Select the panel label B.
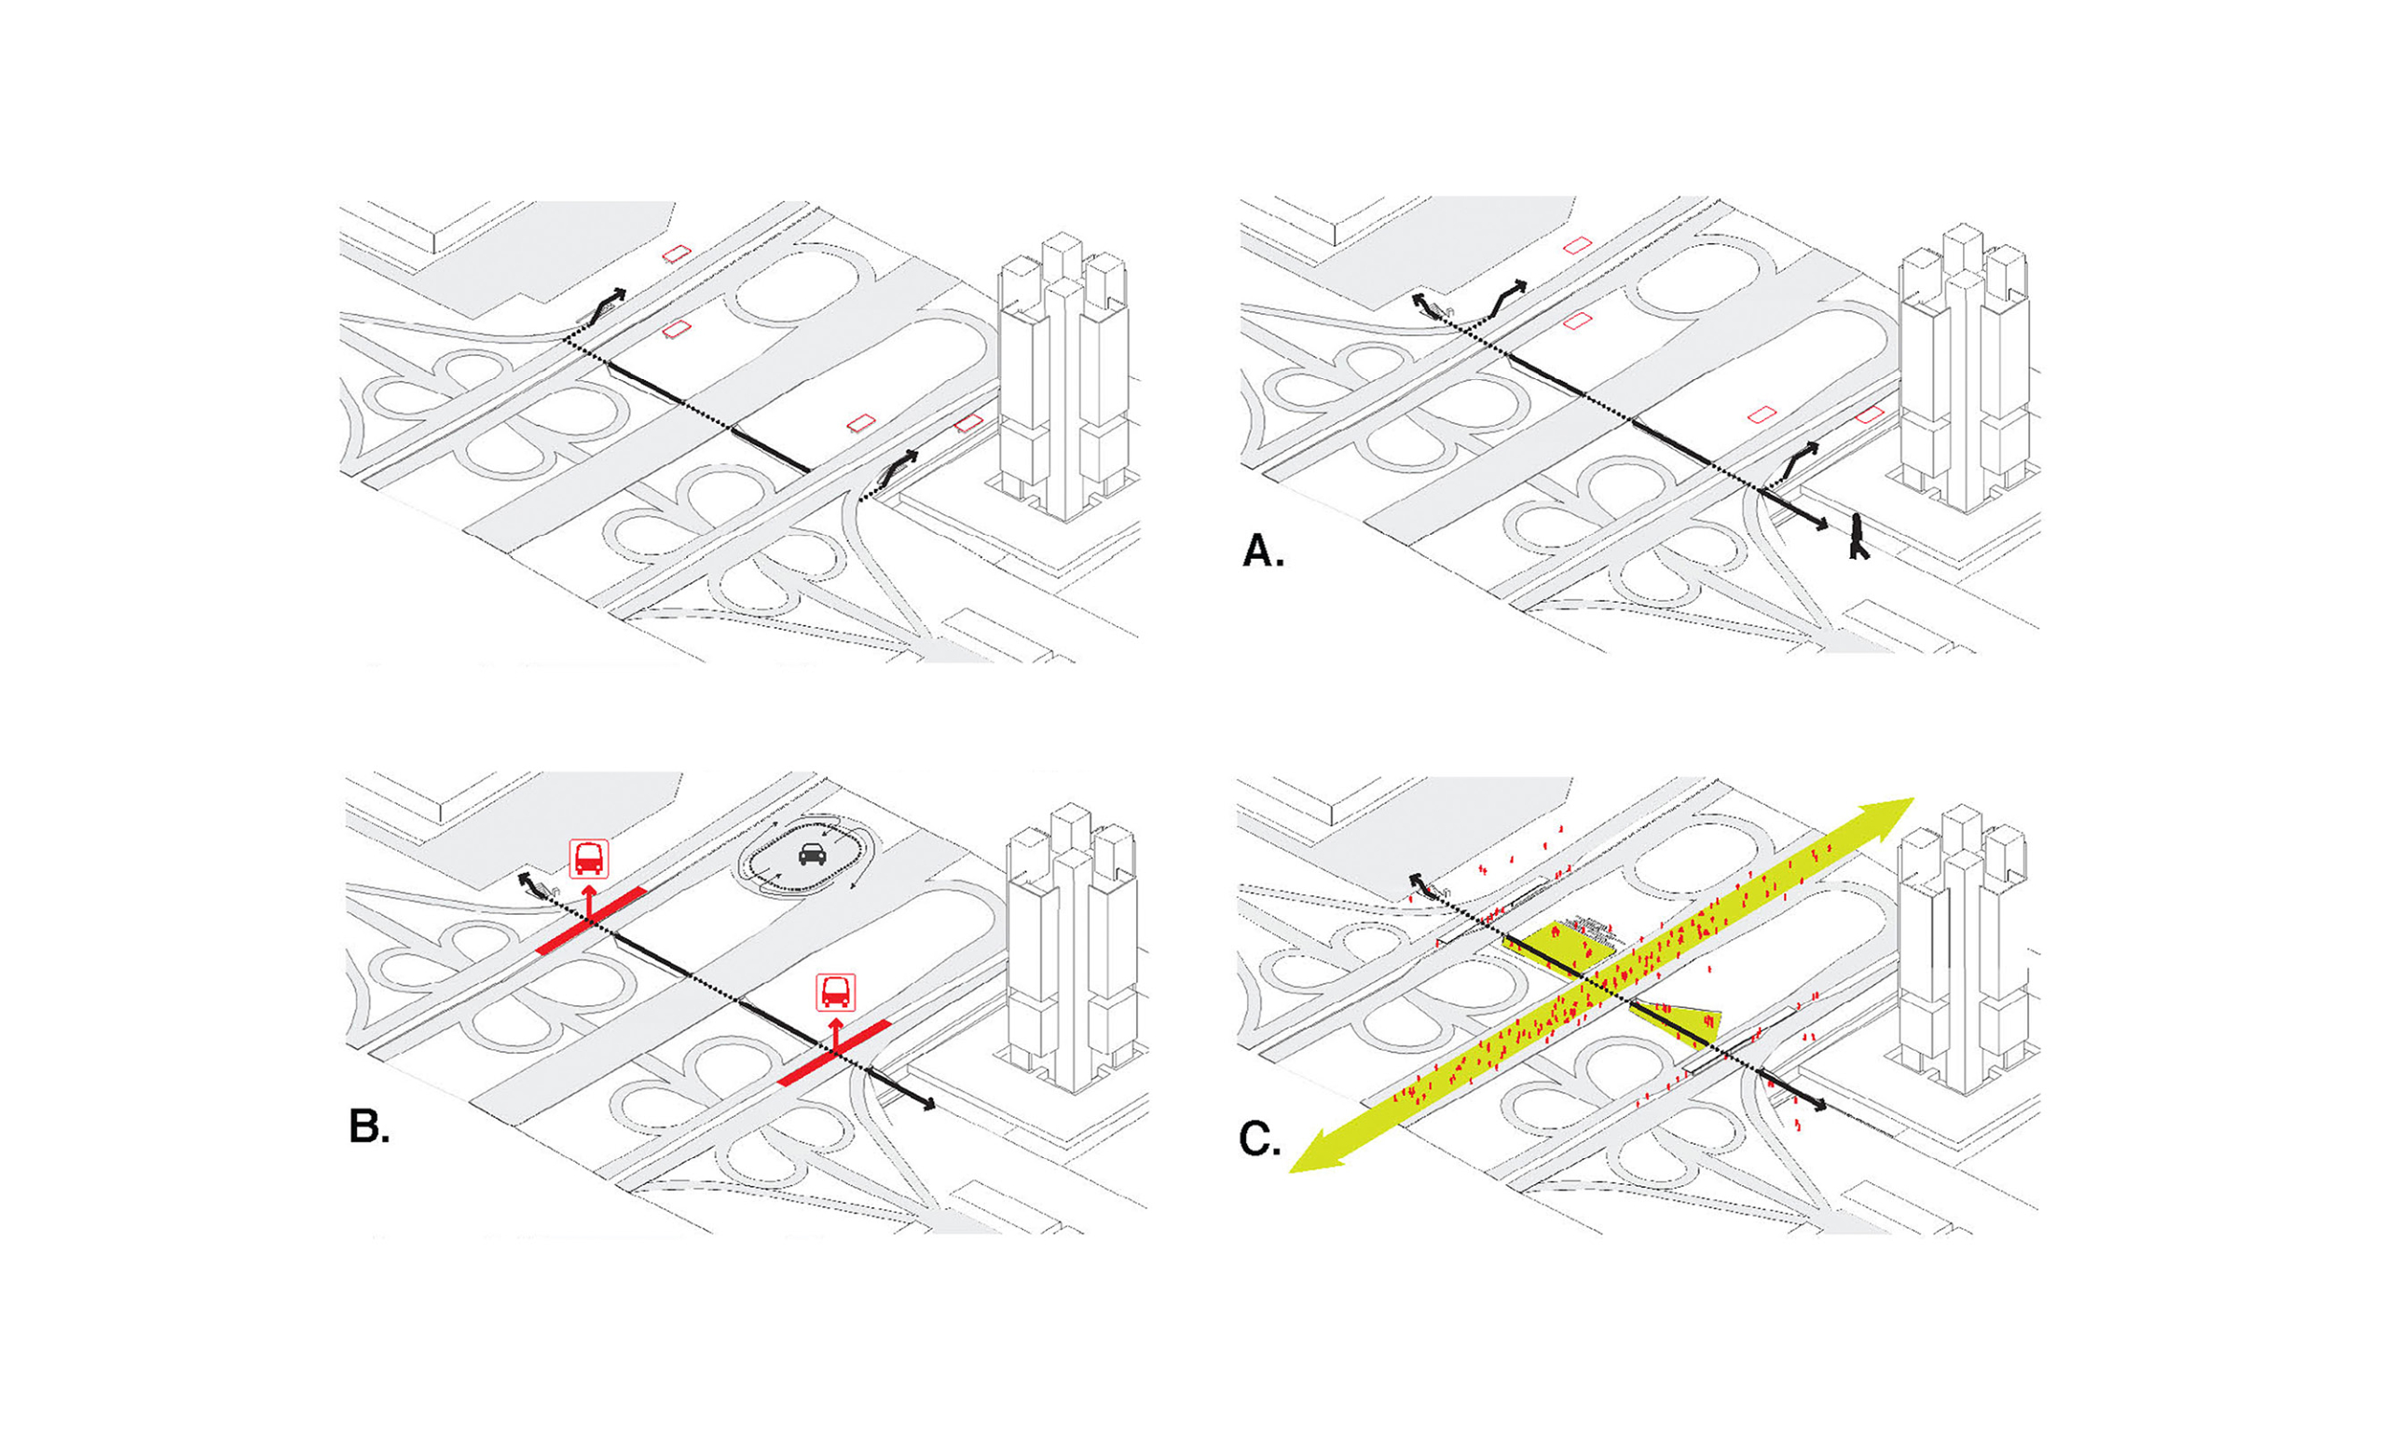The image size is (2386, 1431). pos(369,1126)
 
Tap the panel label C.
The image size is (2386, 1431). pos(1259,1139)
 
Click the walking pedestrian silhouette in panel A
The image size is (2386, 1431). pos(1857,538)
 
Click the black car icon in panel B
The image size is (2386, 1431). pos(812,854)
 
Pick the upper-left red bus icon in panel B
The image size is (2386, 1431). pos(588,857)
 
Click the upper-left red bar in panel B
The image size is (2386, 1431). pos(589,920)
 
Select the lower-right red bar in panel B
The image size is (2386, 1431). pos(834,1052)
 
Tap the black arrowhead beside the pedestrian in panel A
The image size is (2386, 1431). pos(1822,526)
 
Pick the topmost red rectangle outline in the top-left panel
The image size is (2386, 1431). pos(677,252)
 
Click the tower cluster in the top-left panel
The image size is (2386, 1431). pos(1063,376)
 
